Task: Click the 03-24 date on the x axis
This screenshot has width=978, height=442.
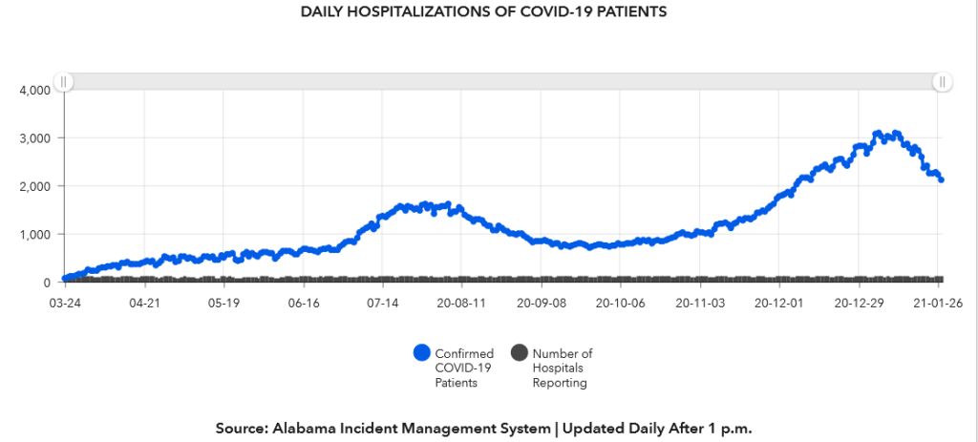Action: [x=64, y=302]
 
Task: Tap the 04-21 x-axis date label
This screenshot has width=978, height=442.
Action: [x=143, y=302]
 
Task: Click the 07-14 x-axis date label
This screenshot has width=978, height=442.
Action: [x=382, y=302]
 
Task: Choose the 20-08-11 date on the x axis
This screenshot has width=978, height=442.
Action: [x=461, y=302]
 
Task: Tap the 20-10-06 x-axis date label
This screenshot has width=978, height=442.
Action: [x=620, y=302]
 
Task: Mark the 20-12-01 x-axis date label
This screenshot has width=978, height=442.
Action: [x=778, y=302]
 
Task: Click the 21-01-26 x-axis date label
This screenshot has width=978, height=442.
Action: [x=936, y=302]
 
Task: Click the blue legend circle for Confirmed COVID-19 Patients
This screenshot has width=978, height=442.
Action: [x=422, y=353]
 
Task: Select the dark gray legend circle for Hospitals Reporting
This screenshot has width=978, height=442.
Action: [x=519, y=353]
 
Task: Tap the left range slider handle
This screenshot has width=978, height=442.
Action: [x=63, y=82]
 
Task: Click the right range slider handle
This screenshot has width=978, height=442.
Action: [x=942, y=82]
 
